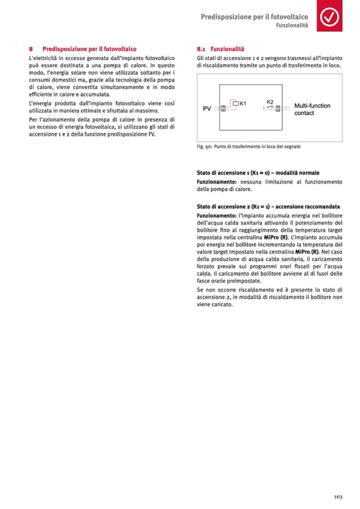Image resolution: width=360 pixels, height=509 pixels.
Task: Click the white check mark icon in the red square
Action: [331, 18]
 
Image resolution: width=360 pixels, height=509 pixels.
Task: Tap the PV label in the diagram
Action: [207, 109]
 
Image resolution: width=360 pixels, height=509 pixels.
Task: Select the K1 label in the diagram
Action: [243, 103]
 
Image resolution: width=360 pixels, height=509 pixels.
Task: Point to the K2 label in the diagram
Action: [270, 101]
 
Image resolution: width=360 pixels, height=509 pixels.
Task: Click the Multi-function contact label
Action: [312, 109]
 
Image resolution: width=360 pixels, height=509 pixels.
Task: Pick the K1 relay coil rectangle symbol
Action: [236, 103]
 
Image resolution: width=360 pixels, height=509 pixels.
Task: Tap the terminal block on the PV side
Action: [223, 108]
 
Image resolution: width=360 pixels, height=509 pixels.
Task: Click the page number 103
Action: [338, 496]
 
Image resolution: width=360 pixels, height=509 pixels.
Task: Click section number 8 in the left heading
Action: [31, 49]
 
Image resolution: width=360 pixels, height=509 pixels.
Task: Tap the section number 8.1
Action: [201, 49]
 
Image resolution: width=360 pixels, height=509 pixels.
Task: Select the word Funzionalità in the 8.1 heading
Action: [227, 49]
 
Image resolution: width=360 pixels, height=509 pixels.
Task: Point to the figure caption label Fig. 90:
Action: [204, 146]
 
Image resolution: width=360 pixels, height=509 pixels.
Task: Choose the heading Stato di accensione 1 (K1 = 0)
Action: [258, 173]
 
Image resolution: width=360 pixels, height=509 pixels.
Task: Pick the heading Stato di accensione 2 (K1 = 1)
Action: [268, 206]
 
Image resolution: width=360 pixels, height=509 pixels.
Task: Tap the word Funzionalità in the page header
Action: [292, 25]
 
